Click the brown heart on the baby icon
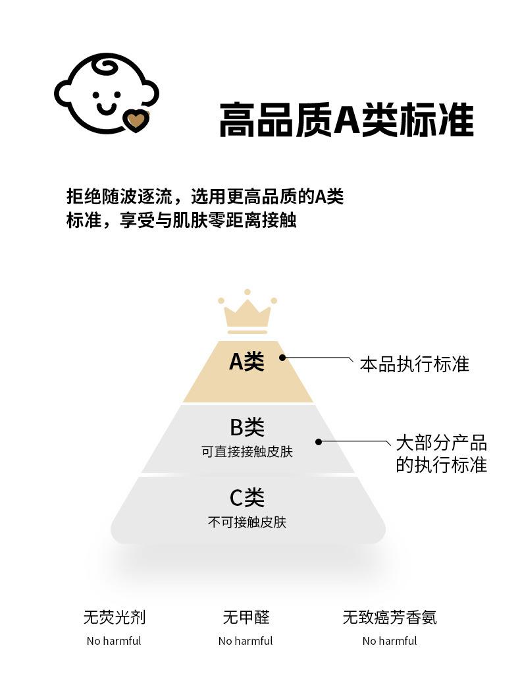136,121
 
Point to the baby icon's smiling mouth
106,108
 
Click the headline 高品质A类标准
346,120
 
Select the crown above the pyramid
247,312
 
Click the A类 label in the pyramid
247,362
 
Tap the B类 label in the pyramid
247,427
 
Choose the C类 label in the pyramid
247,497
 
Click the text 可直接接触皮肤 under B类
247,452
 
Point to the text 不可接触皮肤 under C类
247,522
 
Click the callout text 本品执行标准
414,364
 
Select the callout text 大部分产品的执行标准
441,454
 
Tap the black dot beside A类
282,358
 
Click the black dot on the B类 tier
319,442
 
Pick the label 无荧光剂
114,617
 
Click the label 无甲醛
246,617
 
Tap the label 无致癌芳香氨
390,617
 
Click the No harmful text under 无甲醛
246,641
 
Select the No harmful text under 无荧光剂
114,641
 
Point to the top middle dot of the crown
247,292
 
